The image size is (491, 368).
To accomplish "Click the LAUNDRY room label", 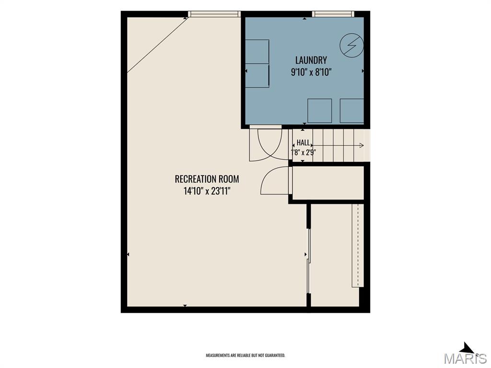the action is coord(311,60).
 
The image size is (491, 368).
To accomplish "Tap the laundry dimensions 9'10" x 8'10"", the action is coord(311,72).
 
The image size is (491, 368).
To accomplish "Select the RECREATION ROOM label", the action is coord(207,179).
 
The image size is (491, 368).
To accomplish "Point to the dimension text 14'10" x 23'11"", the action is coord(207,191).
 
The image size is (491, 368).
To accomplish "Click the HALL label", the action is coord(303,143).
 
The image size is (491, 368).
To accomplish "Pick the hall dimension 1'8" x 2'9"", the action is coord(303,153).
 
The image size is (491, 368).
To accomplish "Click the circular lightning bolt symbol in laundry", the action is coord(352,46).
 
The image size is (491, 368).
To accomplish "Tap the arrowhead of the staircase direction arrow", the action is coord(362,145).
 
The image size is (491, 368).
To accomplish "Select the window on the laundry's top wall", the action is coord(333,14).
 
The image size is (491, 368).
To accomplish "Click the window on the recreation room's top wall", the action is coord(214,14).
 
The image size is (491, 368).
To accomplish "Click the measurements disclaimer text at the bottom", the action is coord(245,355).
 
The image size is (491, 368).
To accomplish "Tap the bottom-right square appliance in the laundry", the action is coord(352,111).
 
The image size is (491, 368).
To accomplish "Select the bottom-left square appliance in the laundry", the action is coord(320,111).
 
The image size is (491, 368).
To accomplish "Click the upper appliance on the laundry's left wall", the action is coord(257,52).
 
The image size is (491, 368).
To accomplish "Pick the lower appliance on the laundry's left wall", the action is coord(257,76).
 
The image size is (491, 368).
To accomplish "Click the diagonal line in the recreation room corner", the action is coord(157,45).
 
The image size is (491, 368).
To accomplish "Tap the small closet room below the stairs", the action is coord(328,183).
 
